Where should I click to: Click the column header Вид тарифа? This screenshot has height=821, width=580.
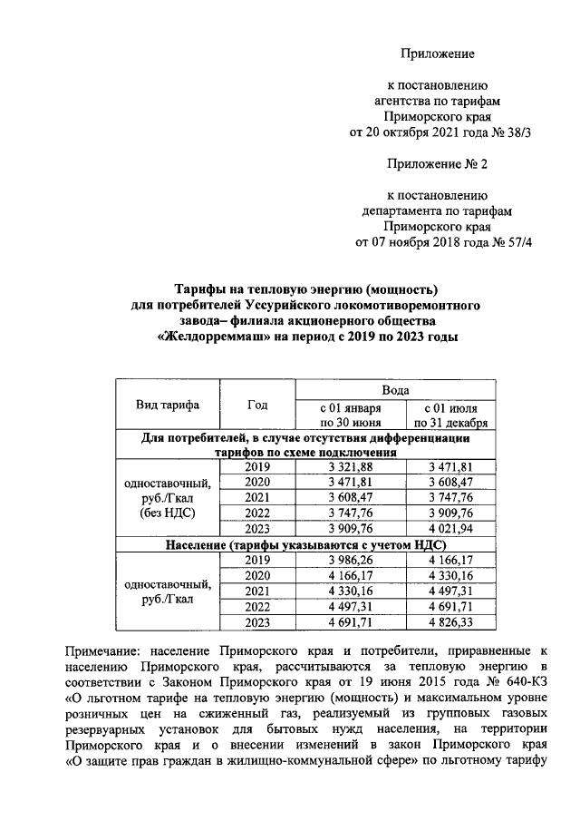[x=168, y=405]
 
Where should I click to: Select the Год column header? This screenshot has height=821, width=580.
[x=257, y=405]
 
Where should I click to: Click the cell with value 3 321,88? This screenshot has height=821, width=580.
[x=350, y=466]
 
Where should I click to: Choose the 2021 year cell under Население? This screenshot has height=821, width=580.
[x=257, y=591]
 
